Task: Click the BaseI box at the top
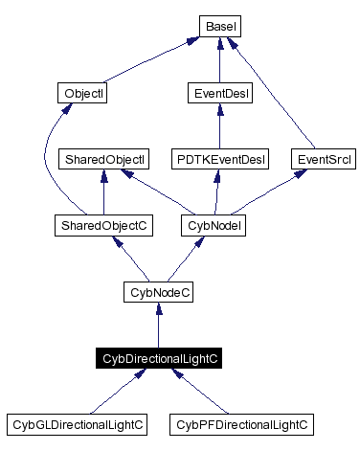[220, 27]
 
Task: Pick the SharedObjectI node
[102, 158]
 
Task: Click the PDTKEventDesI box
[220, 158]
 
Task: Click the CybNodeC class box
[159, 291]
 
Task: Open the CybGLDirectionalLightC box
[77, 422]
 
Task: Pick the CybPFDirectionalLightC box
[241, 422]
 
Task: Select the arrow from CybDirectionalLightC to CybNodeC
[159, 326]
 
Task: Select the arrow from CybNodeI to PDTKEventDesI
[217, 192]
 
